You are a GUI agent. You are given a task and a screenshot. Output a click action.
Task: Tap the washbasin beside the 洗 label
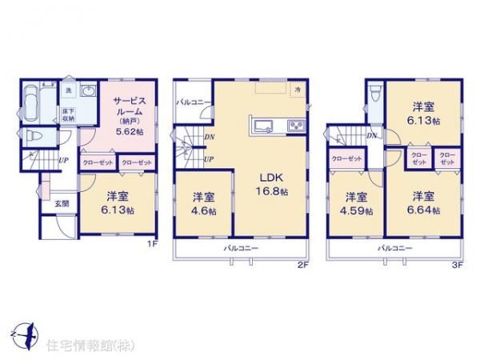(87, 93)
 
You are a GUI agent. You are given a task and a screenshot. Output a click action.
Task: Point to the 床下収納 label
(69, 115)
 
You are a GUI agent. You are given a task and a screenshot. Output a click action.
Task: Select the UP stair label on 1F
(62, 159)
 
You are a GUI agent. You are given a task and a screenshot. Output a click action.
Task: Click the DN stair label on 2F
(209, 137)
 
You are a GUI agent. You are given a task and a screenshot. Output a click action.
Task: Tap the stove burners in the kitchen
(294, 124)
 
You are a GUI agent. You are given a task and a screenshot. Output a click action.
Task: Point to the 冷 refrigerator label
(298, 89)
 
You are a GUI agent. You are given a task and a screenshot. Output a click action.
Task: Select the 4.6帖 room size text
(202, 211)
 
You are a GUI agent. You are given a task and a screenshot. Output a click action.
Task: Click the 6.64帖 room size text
(425, 211)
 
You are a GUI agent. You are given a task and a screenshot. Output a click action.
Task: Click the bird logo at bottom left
(23, 328)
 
